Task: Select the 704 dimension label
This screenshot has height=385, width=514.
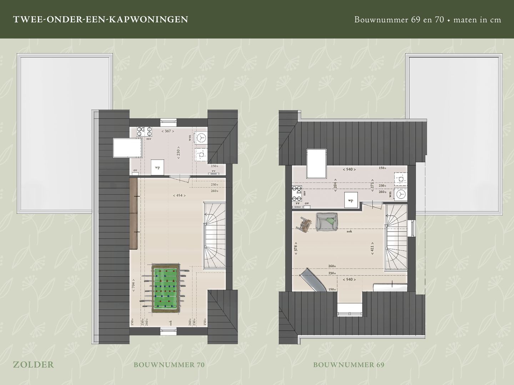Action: tap(133, 285)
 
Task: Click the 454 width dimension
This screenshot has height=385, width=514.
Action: tap(179, 195)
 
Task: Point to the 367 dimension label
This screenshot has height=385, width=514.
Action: tap(167, 131)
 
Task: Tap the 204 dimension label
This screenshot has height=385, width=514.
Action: tap(335, 186)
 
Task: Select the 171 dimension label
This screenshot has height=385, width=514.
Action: tap(372, 185)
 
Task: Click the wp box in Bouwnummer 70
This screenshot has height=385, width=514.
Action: tap(157, 168)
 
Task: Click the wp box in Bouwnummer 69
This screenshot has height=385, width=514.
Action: tap(351, 200)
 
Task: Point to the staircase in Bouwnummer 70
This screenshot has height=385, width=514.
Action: tap(215, 236)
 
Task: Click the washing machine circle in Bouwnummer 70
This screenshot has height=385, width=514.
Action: tap(202, 138)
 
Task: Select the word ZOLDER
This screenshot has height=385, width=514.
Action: tap(33, 364)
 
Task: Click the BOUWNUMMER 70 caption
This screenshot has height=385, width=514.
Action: tap(169, 365)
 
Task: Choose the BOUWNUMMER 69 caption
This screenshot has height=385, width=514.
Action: tap(349, 365)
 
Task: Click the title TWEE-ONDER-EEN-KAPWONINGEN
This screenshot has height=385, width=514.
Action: tap(100, 19)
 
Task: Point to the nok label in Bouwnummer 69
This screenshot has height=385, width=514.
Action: tap(349, 231)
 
